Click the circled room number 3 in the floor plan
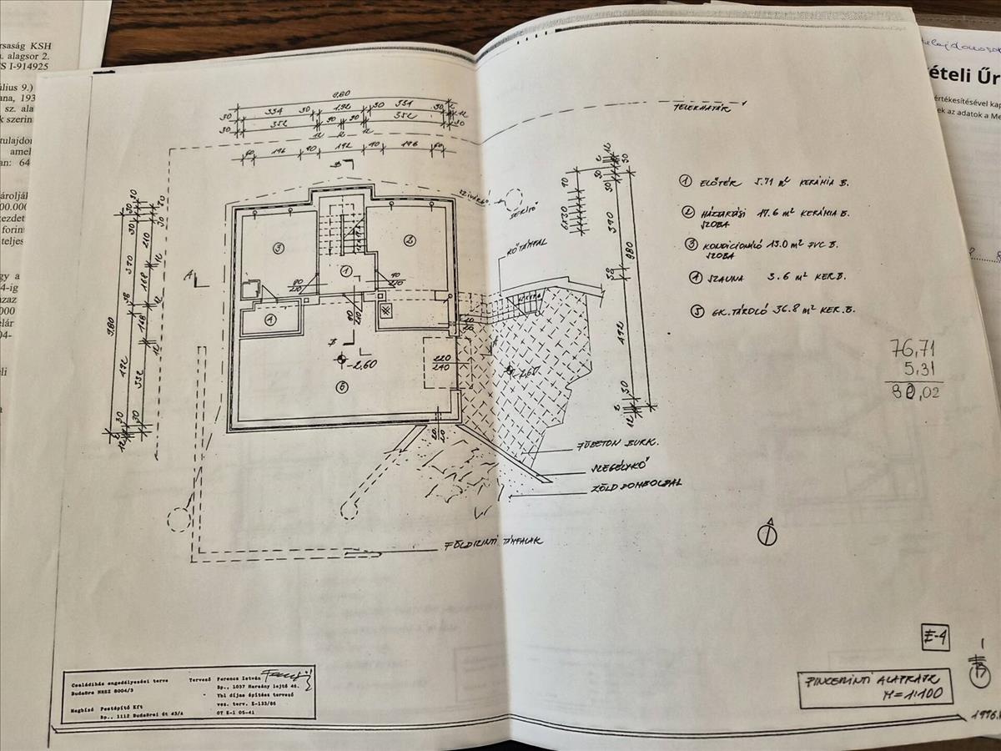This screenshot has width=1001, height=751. pos(279,247)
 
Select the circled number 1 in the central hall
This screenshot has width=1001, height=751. pos(345,270)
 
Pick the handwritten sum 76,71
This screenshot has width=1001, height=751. pos(915,350)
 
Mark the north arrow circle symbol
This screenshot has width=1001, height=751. pos(767,534)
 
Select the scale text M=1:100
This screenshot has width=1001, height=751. pos(898,693)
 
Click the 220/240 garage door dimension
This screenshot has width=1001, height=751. pos(439,361)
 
